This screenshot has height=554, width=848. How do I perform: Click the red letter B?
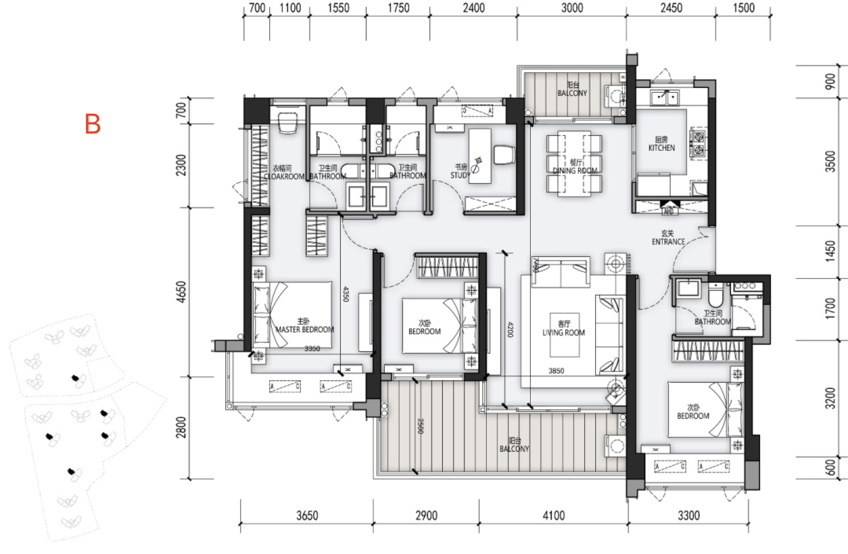[93, 124]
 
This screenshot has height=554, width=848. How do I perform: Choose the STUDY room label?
[461, 171]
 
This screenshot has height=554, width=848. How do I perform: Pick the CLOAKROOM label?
[282, 173]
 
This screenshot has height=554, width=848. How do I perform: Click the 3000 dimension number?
[572, 9]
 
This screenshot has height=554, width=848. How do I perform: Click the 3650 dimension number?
[306, 516]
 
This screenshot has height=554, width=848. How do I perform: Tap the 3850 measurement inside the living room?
[557, 371]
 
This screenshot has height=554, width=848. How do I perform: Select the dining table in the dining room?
[574, 163]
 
